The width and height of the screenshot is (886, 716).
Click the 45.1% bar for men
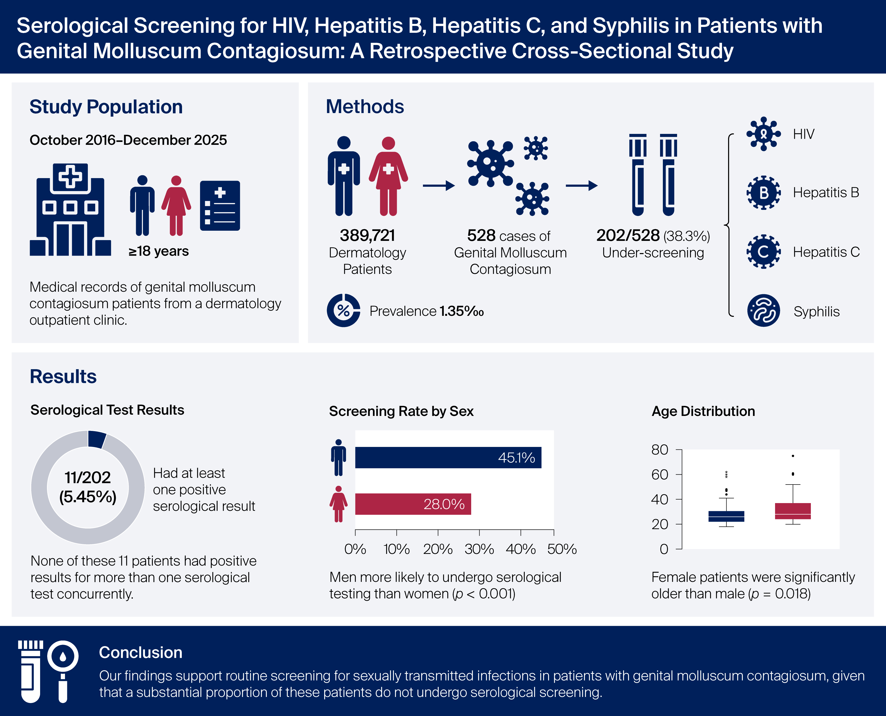448,457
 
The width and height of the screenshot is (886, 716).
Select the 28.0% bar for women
413,504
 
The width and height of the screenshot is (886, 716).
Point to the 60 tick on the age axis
679,475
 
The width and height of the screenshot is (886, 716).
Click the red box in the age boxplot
793,511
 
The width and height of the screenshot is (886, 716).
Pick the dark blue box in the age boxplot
726,516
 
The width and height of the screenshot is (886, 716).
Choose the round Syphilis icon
764,310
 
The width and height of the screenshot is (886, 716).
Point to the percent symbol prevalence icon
343,310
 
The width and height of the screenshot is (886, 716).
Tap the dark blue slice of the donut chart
97,440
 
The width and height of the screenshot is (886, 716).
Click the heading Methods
365,106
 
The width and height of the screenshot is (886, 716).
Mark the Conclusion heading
141,652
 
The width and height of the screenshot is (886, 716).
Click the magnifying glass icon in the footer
63,670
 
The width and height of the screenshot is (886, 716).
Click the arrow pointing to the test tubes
581,185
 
